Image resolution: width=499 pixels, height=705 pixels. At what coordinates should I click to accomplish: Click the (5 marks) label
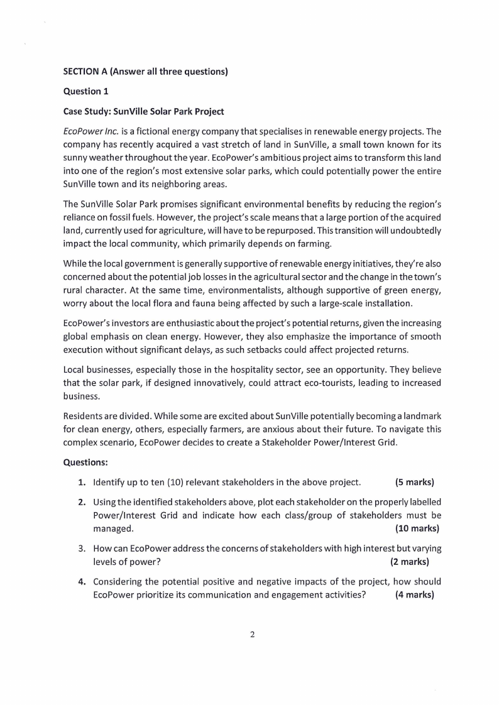[x=415, y=483]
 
